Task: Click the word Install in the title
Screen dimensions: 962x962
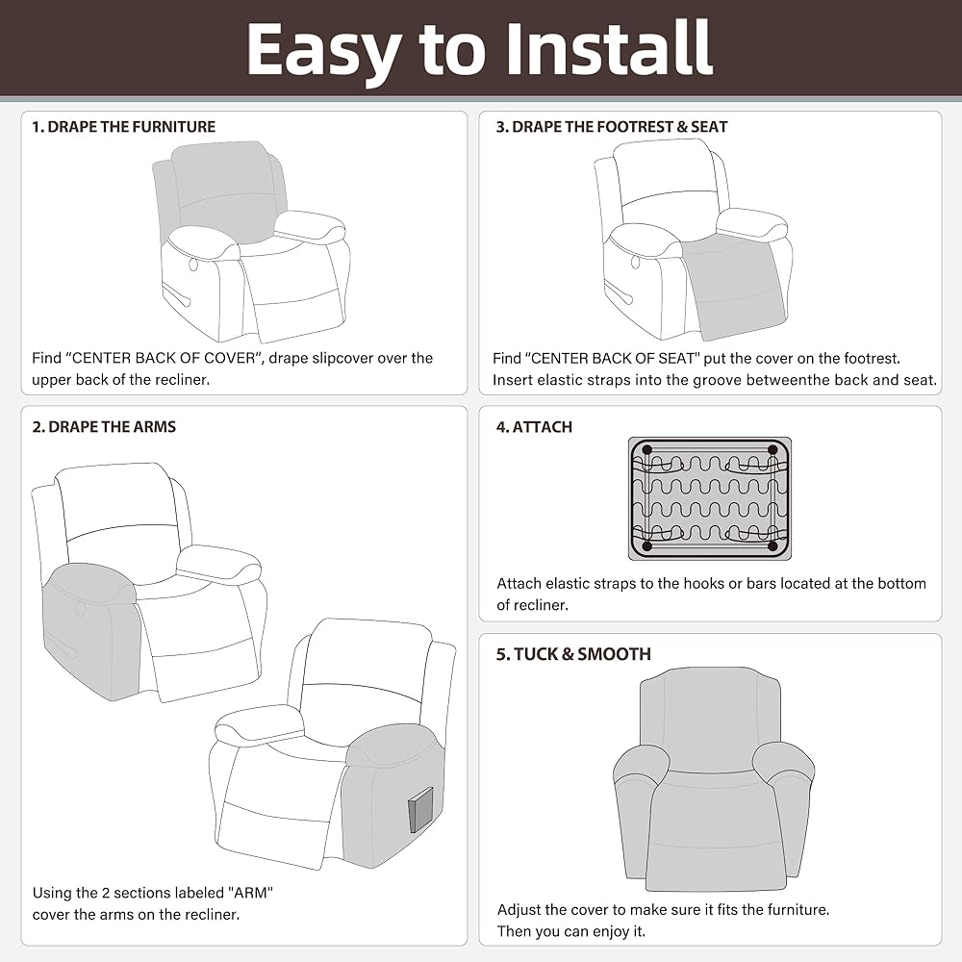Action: [609, 48]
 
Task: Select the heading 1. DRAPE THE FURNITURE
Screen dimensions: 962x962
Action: [124, 127]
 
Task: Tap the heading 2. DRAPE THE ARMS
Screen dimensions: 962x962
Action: [104, 427]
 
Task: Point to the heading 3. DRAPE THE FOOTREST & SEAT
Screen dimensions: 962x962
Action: [612, 127]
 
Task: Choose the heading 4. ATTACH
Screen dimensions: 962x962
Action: [534, 427]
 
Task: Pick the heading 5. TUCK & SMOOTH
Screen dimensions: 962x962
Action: [573, 654]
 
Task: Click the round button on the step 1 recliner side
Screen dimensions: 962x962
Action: [194, 265]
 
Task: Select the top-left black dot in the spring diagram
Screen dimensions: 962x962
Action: [646, 450]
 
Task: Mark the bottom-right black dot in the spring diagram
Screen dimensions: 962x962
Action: [773, 546]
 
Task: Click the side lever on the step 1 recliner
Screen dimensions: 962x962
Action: [177, 295]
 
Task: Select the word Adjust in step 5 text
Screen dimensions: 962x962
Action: [519, 910]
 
